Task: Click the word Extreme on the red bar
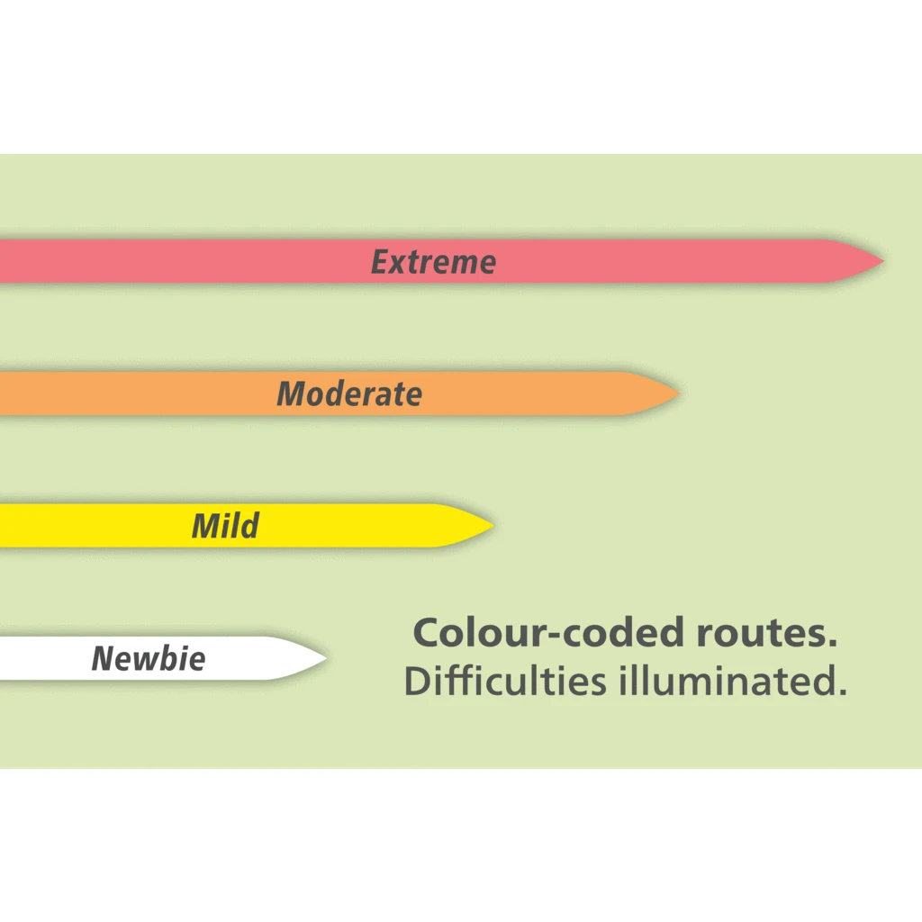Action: [433, 262]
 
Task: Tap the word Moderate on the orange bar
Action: [349, 393]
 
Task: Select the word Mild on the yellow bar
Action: [225, 526]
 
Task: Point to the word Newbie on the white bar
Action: [149, 658]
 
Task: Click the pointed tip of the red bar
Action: [881, 261]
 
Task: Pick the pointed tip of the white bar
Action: [324, 658]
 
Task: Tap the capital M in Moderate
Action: [292, 393]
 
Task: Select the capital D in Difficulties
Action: [418, 681]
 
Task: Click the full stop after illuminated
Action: [842, 692]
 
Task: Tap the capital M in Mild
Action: [206, 526]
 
